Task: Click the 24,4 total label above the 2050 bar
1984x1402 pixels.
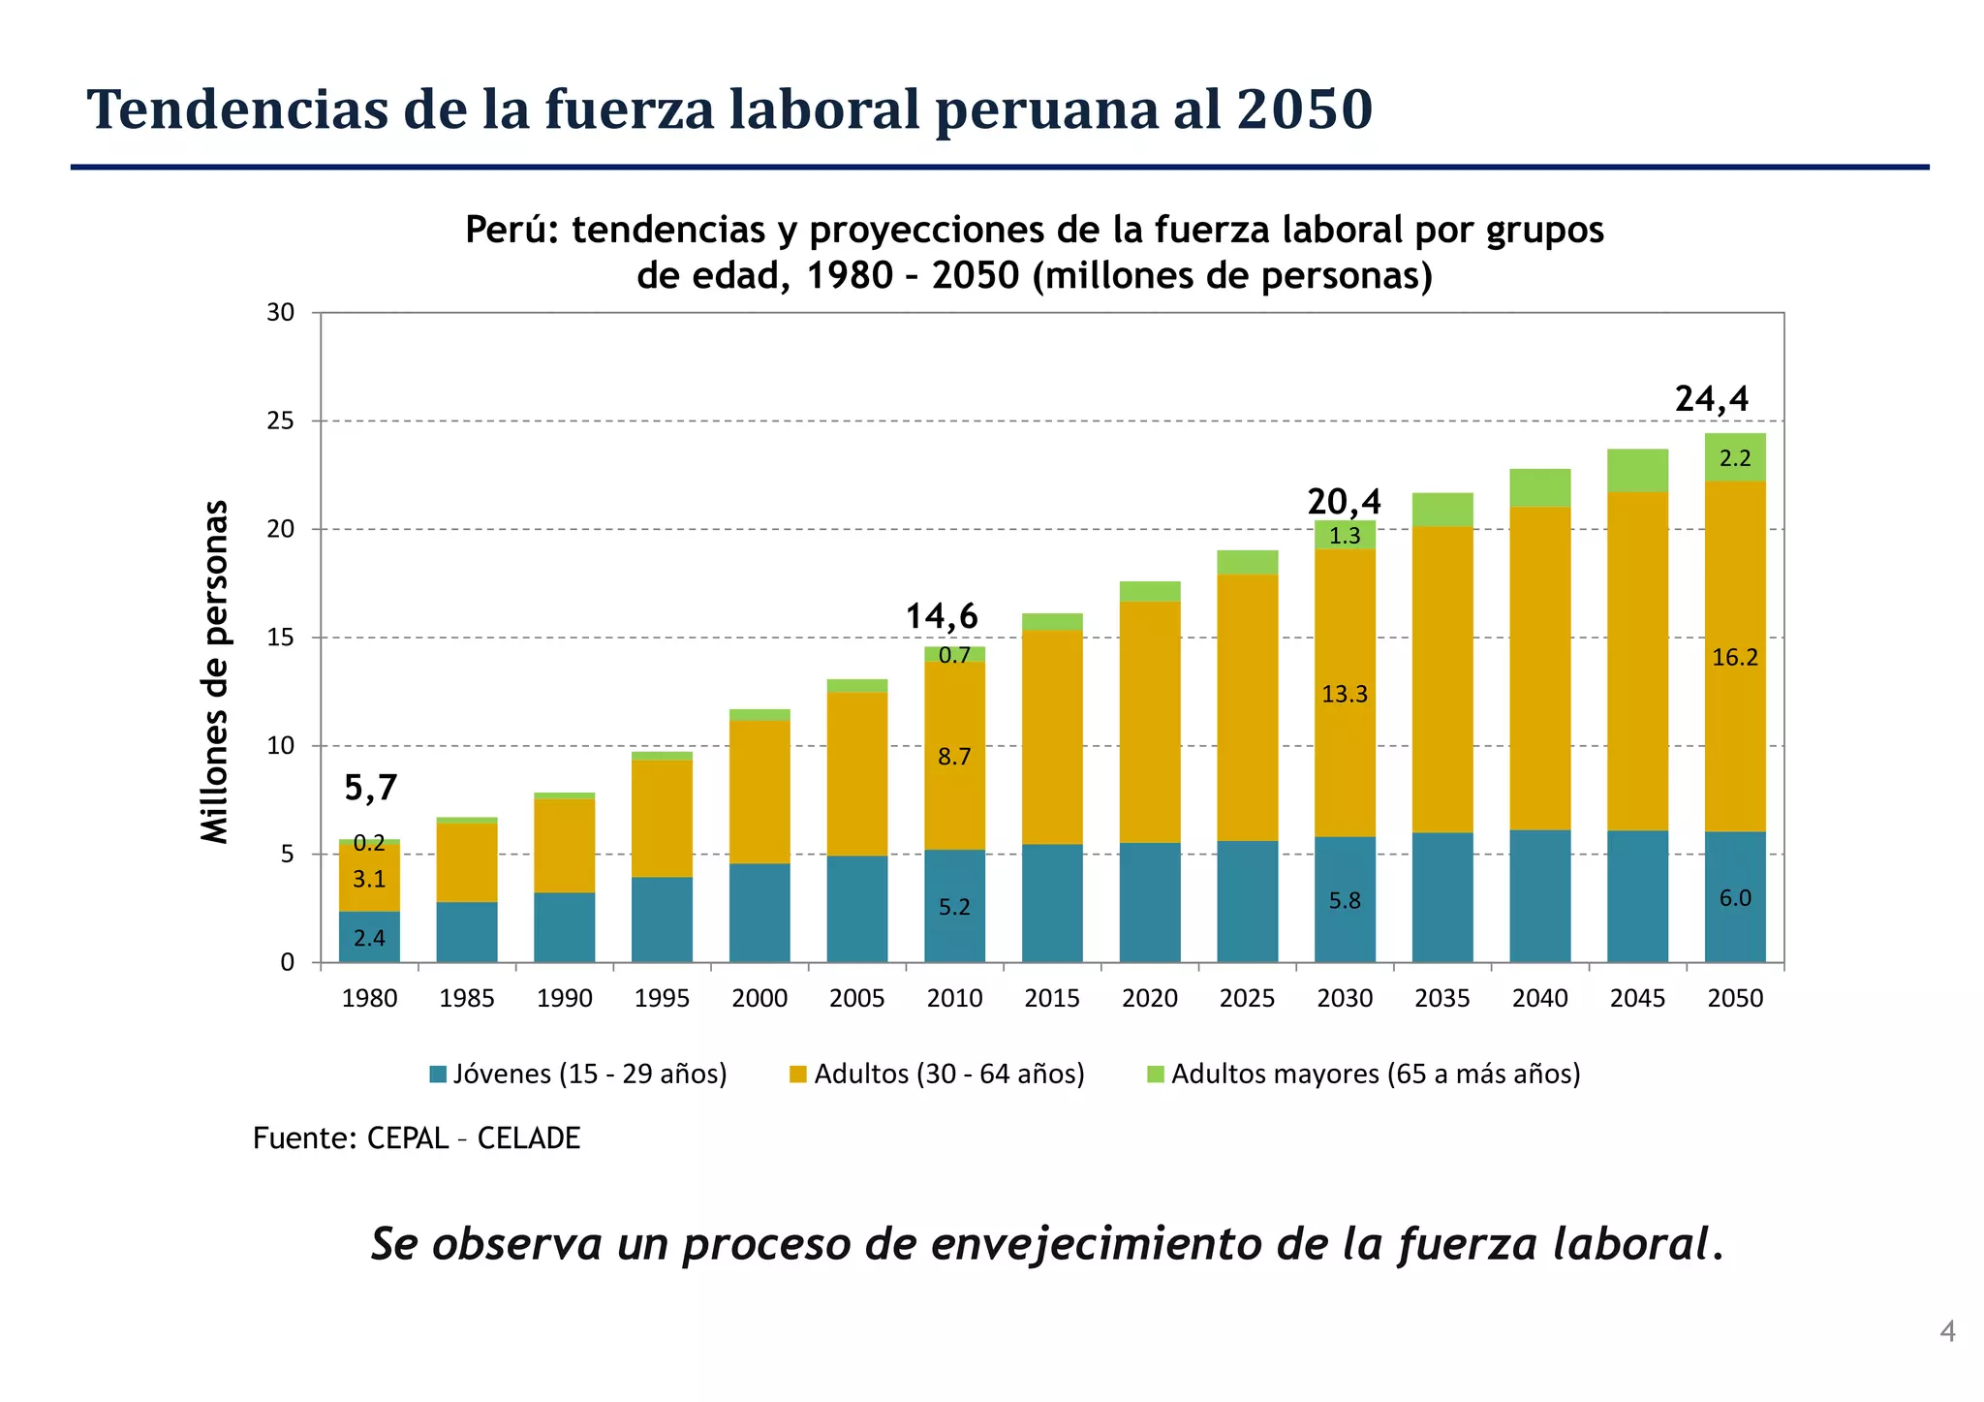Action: coord(1712,399)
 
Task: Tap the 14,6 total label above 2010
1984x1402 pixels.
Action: coord(942,616)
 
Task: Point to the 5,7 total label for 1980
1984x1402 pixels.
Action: coord(371,789)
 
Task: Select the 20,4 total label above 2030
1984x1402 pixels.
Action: coord(1344,502)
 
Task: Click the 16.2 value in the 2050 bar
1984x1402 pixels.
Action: coord(1734,658)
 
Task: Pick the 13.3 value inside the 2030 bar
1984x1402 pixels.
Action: coord(1345,694)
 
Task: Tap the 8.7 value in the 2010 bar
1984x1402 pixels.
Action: coord(954,757)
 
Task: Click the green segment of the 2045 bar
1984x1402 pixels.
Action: coord(1637,471)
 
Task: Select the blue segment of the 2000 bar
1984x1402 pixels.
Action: coord(759,912)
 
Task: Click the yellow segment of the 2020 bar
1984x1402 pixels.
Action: coord(1150,722)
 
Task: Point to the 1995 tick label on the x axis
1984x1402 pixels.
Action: coord(662,999)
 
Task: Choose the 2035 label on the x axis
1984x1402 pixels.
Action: coord(1442,999)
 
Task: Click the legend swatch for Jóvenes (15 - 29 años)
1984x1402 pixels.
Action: coord(438,1075)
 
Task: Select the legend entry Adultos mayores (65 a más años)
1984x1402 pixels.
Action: coord(1375,1075)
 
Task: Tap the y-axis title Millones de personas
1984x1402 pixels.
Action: coord(214,671)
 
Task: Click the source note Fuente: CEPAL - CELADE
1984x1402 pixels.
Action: coord(417,1138)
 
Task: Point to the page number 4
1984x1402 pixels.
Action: coord(1947,1332)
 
